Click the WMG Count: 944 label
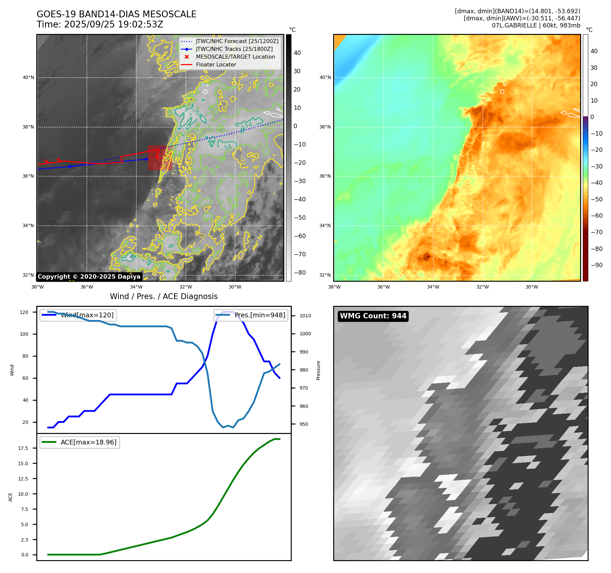[373, 316]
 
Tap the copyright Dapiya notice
[89, 277]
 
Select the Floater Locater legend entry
[216, 65]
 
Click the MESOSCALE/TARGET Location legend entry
[235, 57]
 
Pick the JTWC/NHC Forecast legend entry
[237, 41]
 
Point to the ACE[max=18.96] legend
[88, 442]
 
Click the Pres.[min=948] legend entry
[260, 315]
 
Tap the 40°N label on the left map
[28, 78]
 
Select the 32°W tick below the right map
[482, 287]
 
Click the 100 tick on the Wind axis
[24, 334]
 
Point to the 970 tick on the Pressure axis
[304, 388]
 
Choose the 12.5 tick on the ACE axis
[23, 479]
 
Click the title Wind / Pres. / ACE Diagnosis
[164, 296]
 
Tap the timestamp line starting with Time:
[100, 25]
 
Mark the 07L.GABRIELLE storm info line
[536, 25]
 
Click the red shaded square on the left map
[160, 158]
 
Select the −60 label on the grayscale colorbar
[300, 236]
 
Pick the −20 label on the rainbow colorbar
[596, 150]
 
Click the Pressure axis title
[318, 370]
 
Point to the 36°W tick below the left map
[87, 287]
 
